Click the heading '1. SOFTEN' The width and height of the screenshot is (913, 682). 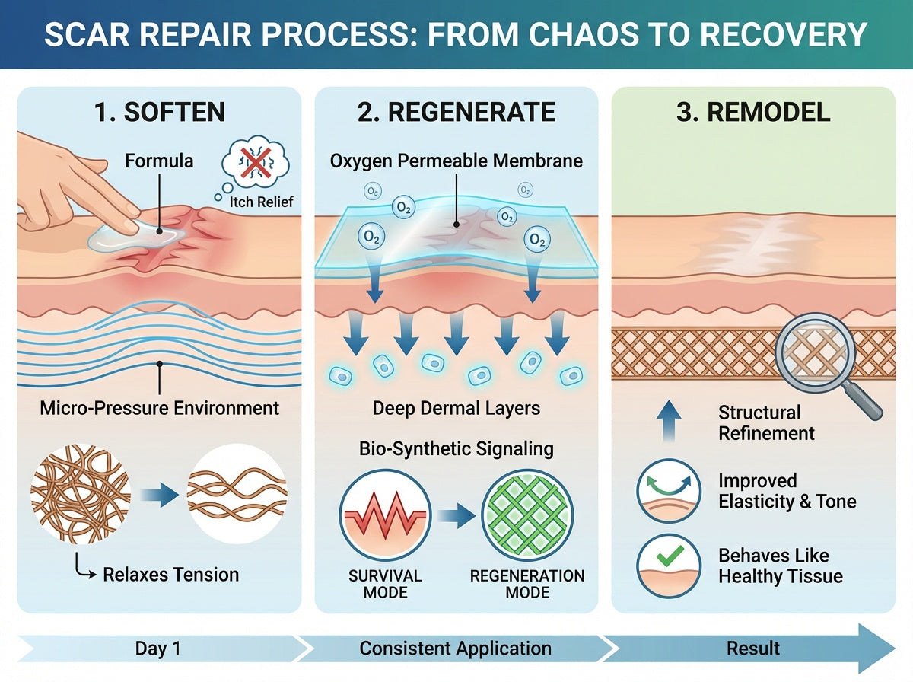(159, 112)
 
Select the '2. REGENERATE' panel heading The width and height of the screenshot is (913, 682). (456, 112)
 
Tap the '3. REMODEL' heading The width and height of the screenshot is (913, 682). (753, 112)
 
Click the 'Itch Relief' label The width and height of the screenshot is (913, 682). (261, 202)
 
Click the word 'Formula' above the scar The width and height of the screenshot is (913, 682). (159, 161)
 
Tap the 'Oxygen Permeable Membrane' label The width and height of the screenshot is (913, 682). (456, 161)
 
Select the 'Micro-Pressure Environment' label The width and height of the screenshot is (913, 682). (159, 408)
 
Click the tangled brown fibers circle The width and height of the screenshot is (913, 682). (81, 494)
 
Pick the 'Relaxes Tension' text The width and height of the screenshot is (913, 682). (171, 575)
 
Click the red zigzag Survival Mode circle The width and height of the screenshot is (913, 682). (385, 515)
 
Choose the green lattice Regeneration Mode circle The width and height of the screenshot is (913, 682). (527, 515)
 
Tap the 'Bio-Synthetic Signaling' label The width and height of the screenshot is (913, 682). (456, 449)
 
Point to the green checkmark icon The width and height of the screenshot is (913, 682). (670, 556)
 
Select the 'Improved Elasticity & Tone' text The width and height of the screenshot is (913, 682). (787, 491)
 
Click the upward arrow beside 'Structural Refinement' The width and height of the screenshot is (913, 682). (669, 421)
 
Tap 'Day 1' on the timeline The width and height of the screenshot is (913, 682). (158, 649)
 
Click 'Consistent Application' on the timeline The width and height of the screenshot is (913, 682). (456, 649)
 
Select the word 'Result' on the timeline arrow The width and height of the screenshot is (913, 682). (753, 649)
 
